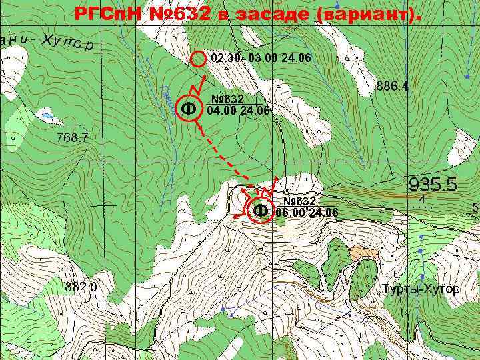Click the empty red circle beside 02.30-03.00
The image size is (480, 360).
(x=198, y=59)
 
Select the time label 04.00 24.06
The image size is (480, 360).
(x=238, y=111)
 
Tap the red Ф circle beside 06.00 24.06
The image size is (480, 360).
(x=261, y=211)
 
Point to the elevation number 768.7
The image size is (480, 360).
(x=72, y=138)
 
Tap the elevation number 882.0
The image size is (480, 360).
(x=81, y=287)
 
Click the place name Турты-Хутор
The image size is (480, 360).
(x=421, y=289)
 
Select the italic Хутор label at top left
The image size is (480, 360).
(x=68, y=42)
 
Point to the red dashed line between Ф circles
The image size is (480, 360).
(x=223, y=157)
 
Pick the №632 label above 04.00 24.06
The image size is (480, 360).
(x=227, y=99)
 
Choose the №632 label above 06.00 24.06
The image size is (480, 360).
(x=299, y=201)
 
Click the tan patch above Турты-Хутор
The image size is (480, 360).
(x=363, y=253)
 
